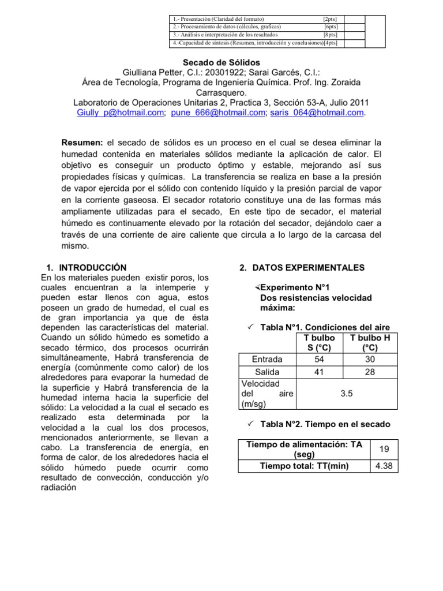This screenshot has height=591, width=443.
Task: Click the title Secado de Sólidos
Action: click(221, 62)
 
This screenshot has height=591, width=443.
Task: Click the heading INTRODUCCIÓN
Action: click(92, 268)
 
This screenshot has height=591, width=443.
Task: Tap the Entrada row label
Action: click(267, 359)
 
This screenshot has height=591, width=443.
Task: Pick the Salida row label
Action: click(267, 372)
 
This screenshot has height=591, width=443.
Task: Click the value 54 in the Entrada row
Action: click(318, 359)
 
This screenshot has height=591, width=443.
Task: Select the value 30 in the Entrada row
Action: click(369, 359)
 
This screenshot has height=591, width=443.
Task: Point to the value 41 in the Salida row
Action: click(318, 372)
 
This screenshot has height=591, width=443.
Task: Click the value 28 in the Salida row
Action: click(369, 372)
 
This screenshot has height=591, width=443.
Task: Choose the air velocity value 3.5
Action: click(347, 393)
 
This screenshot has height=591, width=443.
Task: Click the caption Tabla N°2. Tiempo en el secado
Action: click(325, 424)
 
